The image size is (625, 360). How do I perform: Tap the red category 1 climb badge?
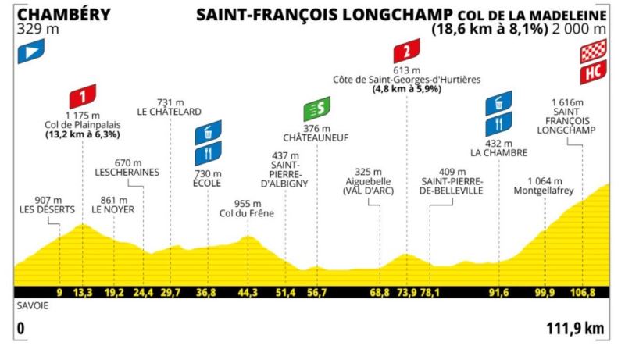pyautogui.click(x=83, y=96)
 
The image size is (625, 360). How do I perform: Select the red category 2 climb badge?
pyautogui.click(x=406, y=52)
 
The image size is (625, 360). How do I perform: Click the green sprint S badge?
pyautogui.click(x=318, y=109)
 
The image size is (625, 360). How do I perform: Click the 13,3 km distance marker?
pyautogui.click(x=83, y=293)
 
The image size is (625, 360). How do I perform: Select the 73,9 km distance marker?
pyautogui.click(x=406, y=293)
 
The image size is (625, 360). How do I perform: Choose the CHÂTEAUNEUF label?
pyautogui.click(x=318, y=137)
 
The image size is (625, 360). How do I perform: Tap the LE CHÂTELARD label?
pyautogui.click(x=170, y=112)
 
